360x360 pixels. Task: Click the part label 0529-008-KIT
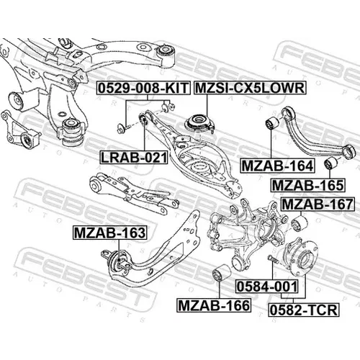click(143, 88)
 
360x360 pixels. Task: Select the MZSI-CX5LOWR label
click(250, 88)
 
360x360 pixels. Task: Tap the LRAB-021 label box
click(133, 158)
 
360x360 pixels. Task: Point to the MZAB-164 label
click(278, 166)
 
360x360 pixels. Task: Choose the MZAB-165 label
click(308, 185)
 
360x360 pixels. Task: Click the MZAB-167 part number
click(318, 204)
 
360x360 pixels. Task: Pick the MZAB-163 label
click(109, 233)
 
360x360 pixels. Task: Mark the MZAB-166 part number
click(214, 305)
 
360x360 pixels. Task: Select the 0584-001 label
click(267, 287)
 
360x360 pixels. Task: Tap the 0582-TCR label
click(304, 310)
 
